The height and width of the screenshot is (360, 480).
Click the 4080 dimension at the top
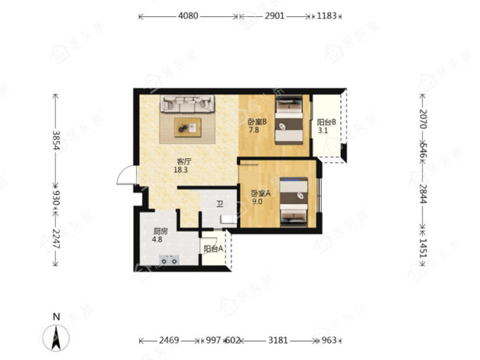[188, 16]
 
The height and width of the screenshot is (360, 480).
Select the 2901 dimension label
[275, 16]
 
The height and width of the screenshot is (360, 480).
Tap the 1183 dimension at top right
[326, 16]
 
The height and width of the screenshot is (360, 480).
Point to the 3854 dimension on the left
[56, 140]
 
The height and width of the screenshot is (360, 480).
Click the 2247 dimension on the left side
[56, 238]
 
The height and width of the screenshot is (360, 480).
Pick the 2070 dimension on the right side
[423, 119]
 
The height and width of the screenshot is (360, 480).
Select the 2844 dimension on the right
[423, 193]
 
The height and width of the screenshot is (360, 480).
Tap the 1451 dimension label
[423, 248]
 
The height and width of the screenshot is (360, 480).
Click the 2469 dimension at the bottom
[169, 340]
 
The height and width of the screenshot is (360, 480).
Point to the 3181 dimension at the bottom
[278, 340]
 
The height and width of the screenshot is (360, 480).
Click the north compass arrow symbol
[56, 337]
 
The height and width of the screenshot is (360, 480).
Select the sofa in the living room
[187, 104]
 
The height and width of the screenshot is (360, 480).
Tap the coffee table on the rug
[188, 127]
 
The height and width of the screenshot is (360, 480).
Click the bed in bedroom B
[289, 121]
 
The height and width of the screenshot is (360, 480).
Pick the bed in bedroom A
[294, 202]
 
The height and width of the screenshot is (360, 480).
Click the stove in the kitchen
[169, 260]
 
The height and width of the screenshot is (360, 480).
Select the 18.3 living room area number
[181, 169]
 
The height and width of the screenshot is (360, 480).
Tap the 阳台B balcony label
[326, 122]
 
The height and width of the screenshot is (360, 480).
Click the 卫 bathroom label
[220, 203]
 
